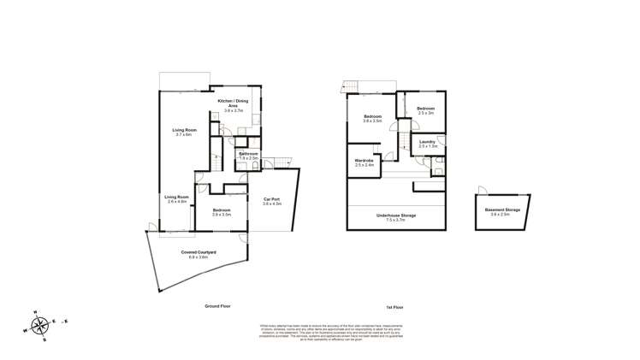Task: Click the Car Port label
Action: point(272,203)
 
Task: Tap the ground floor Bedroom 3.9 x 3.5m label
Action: point(222,211)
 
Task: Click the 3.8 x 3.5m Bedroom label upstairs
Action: point(371,118)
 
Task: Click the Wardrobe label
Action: point(364,163)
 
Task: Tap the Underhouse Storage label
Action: point(395,216)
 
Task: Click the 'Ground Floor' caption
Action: point(219,306)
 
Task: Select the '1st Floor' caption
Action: point(395,306)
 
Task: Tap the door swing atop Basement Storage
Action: point(484,191)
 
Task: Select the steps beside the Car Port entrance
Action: point(283,162)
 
